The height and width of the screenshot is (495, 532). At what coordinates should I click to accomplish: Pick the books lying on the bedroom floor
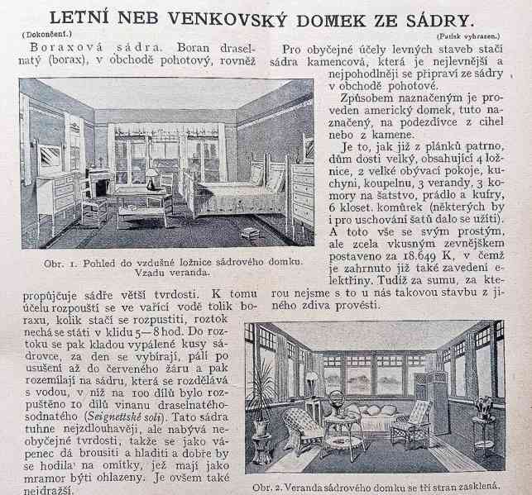pyautogui.click(x=249, y=233)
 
